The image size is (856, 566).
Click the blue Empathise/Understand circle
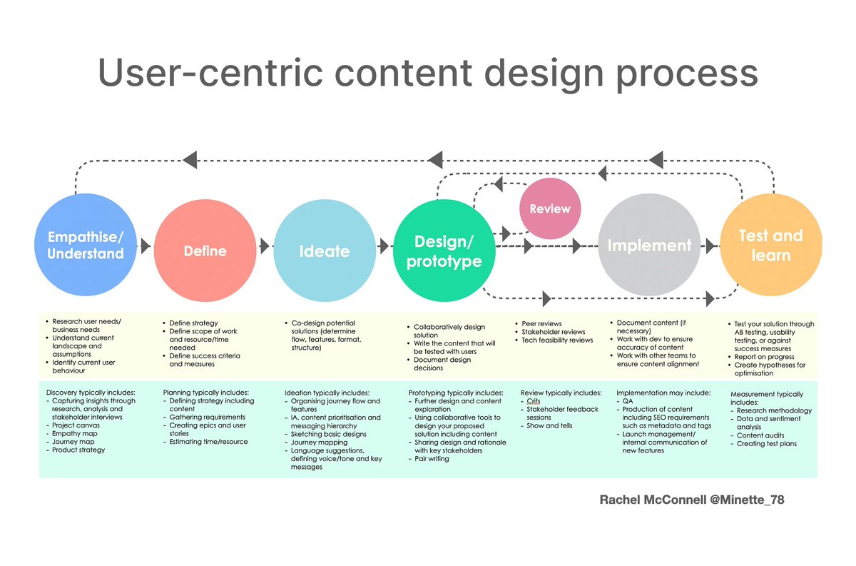(x=86, y=245)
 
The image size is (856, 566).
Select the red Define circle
(x=204, y=250)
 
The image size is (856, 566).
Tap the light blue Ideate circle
(x=323, y=250)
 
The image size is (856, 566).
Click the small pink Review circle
(x=550, y=209)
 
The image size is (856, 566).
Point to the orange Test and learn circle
(x=770, y=245)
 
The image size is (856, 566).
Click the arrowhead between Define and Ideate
(x=265, y=246)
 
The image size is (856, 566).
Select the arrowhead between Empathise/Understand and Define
(x=146, y=246)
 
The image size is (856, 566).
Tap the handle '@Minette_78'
(x=745, y=500)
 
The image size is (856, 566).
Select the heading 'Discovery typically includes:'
(x=91, y=393)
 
